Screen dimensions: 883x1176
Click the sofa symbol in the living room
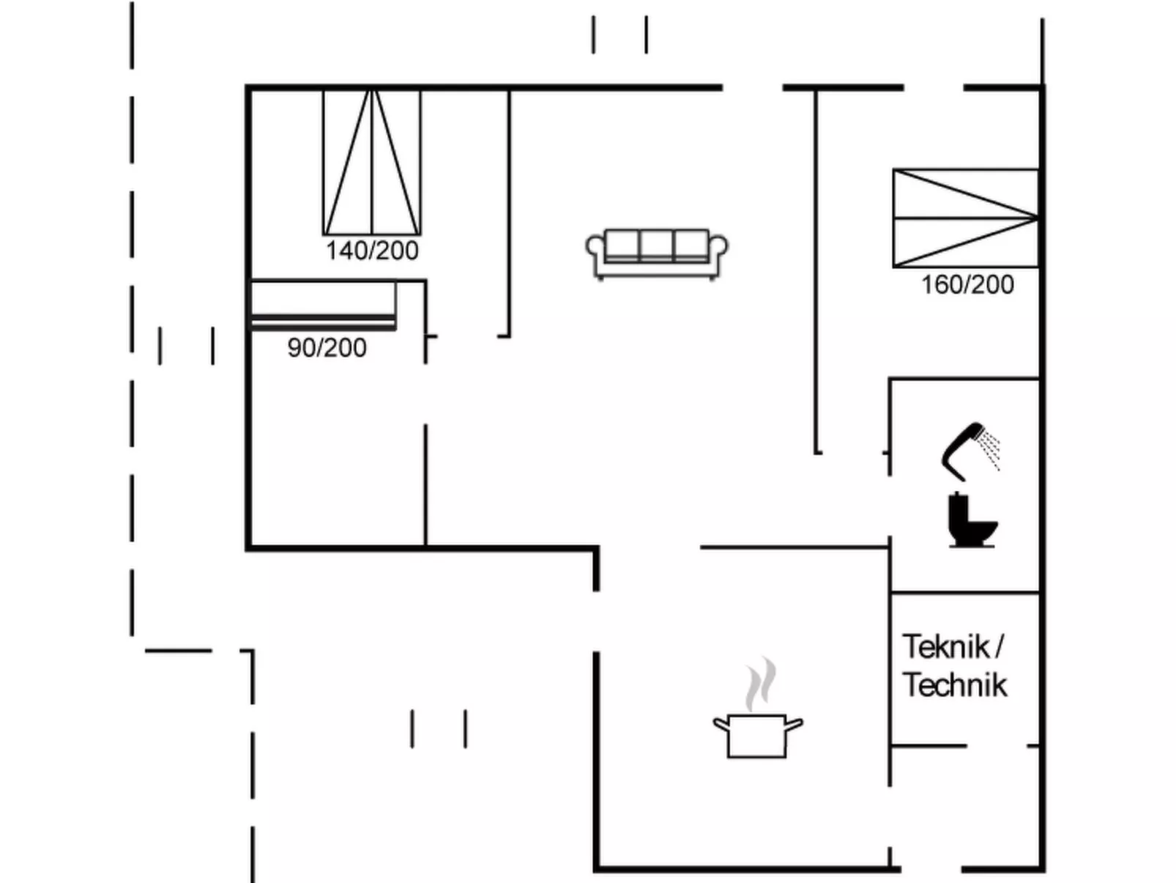657,254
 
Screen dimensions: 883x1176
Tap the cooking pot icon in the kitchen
757,735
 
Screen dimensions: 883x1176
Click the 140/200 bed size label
372,251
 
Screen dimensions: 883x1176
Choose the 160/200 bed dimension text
967,284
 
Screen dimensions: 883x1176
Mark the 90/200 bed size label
327,347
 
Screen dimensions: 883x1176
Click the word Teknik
946,646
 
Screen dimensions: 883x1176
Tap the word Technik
955,685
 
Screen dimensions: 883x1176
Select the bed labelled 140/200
372,162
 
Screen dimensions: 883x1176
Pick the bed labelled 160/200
965,218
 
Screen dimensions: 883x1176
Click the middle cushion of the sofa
657,244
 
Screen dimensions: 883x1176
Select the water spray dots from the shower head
991,448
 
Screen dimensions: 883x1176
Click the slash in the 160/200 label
967,284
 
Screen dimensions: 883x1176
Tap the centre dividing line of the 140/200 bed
372,162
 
